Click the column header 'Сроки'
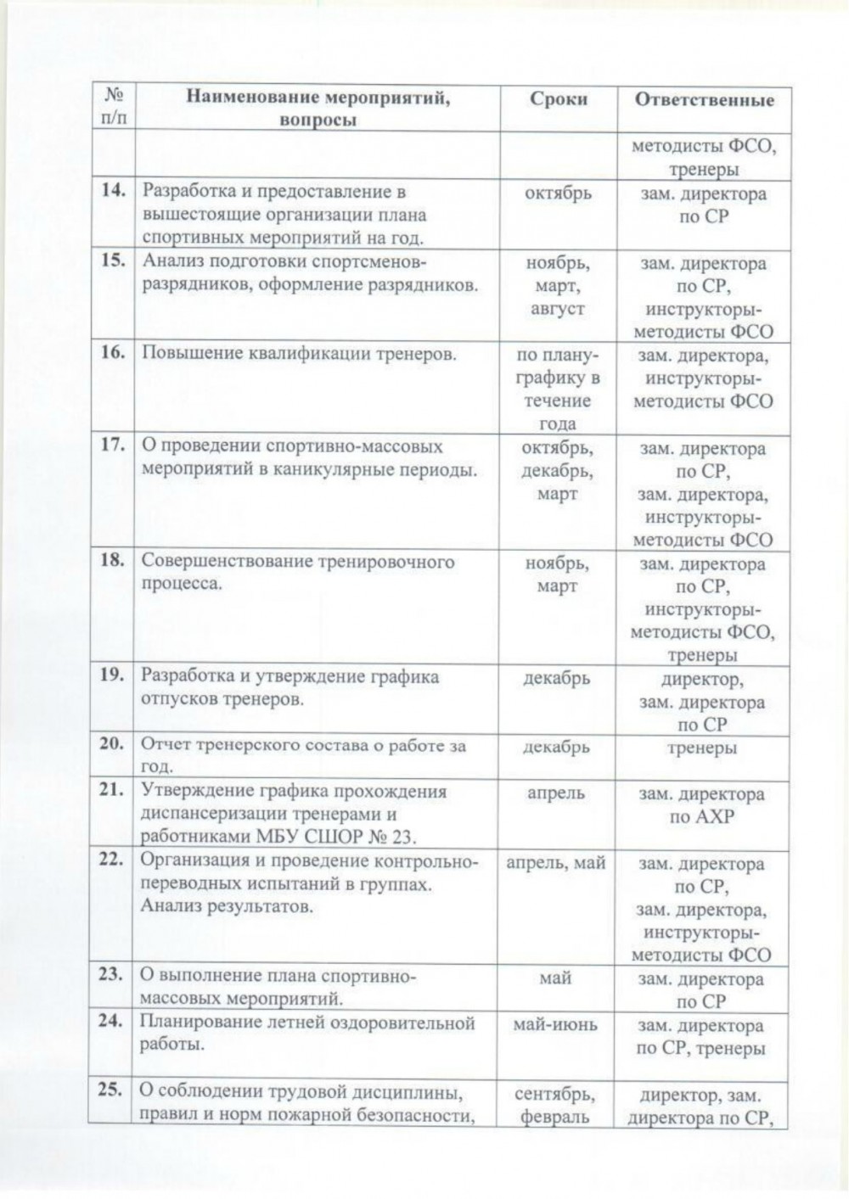click(558, 99)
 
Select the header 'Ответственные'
click(705, 99)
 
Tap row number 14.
click(113, 190)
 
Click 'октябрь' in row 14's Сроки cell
click(558, 193)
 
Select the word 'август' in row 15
click(558, 309)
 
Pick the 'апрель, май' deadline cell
click(556, 863)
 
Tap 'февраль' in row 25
click(555, 1117)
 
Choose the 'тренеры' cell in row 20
click(702, 748)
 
